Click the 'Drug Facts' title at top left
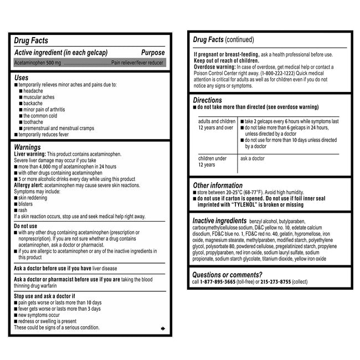click(30, 40)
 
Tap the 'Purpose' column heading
click(153, 52)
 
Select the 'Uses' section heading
click(21, 78)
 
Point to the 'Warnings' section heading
click(28, 147)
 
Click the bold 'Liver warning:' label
click(30, 153)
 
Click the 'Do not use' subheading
click(25, 226)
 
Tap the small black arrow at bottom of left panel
click(162, 329)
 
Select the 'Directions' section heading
click(208, 100)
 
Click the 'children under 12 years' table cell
click(213, 161)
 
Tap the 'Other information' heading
click(217, 186)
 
